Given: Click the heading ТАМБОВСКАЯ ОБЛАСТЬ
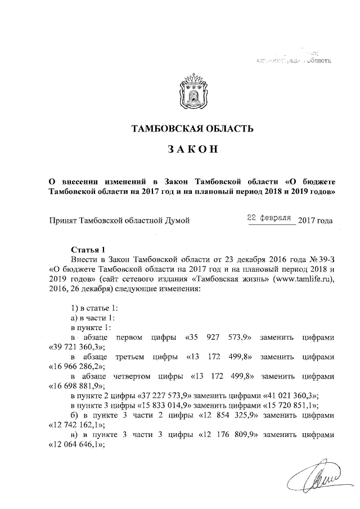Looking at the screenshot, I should (191, 129).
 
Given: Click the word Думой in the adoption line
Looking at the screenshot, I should (174, 220).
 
